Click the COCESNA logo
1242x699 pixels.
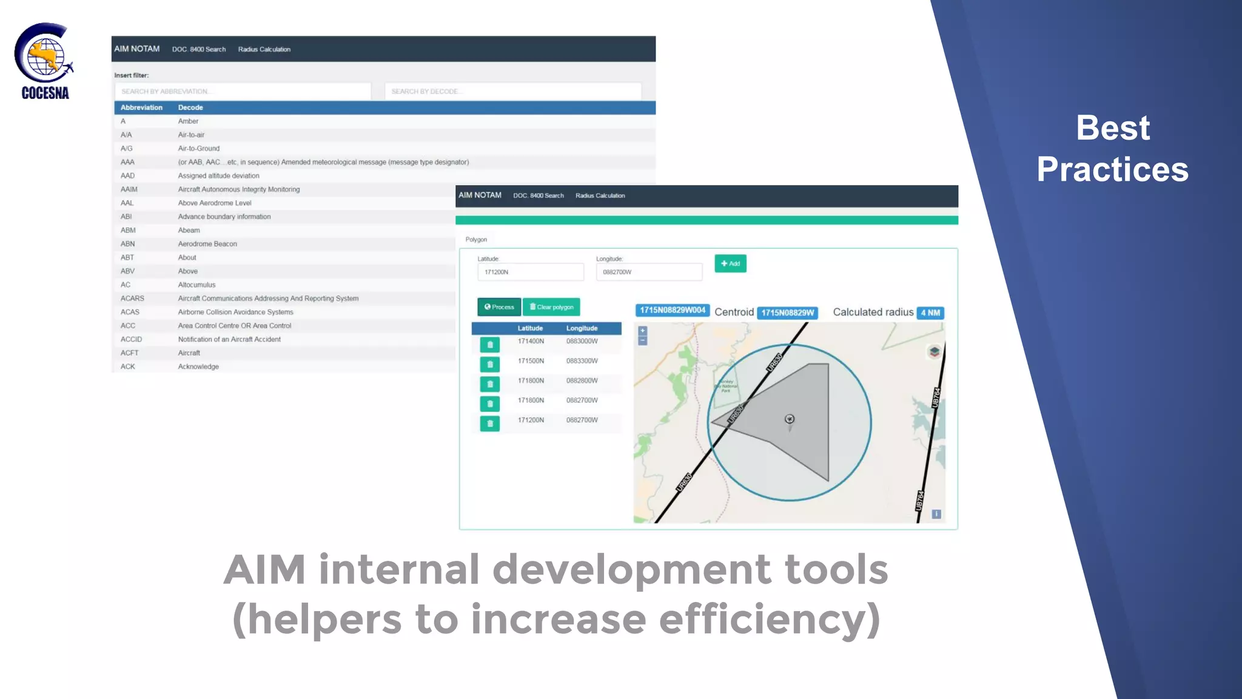tap(44, 61)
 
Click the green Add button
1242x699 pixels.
tap(730, 263)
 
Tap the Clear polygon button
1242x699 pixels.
tap(551, 307)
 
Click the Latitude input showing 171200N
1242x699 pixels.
tap(530, 272)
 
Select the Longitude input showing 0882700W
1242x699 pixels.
tap(648, 272)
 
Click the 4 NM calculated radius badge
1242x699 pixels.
tap(930, 313)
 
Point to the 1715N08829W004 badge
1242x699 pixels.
tap(673, 310)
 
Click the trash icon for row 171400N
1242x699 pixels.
tap(490, 345)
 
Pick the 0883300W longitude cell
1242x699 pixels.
tap(582, 361)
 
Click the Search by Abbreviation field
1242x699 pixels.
tap(243, 92)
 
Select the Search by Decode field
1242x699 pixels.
tap(512, 92)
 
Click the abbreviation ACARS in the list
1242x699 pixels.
tap(132, 299)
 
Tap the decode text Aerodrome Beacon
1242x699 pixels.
tap(207, 244)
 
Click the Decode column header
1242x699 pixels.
tap(190, 107)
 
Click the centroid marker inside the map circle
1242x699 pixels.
tap(790, 419)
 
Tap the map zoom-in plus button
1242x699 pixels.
tap(643, 331)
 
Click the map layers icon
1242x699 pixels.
tap(935, 352)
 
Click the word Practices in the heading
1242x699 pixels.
tap(1112, 169)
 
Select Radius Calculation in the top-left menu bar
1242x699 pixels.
tap(264, 50)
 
